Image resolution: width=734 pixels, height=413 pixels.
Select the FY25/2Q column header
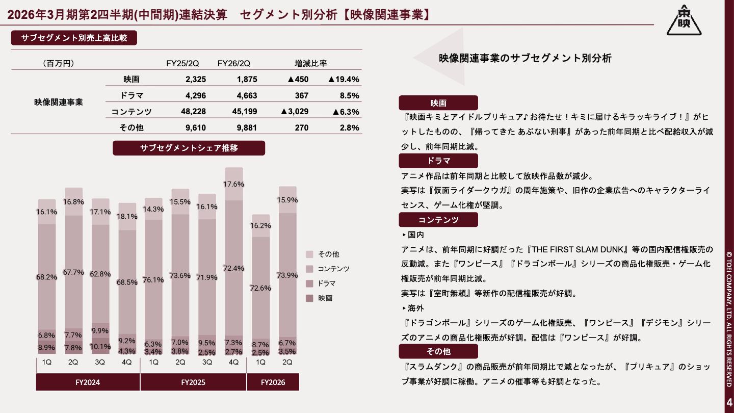pos(182,64)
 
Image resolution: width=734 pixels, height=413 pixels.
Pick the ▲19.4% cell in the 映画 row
pos(344,80)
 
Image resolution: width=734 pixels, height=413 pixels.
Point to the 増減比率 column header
pos(311,64)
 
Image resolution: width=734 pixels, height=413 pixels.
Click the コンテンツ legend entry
pos(333,269)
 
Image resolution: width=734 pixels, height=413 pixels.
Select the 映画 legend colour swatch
pos(309,298)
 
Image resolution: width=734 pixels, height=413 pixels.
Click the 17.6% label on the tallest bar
pos(234,184)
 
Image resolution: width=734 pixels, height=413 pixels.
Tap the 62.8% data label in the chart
pos(100,274)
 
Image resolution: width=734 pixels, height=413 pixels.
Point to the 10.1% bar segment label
pos(100,347)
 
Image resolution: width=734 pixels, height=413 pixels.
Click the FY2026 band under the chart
pos(273,382)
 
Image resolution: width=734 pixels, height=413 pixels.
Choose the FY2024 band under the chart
pos(88,382)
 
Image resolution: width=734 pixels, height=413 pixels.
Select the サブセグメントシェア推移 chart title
pos(189,148)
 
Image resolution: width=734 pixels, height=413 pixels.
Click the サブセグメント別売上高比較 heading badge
pos(74,38)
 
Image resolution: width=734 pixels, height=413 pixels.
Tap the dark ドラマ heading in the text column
pos(438,161)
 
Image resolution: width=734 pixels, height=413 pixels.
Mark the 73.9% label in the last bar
pos(287,275)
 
